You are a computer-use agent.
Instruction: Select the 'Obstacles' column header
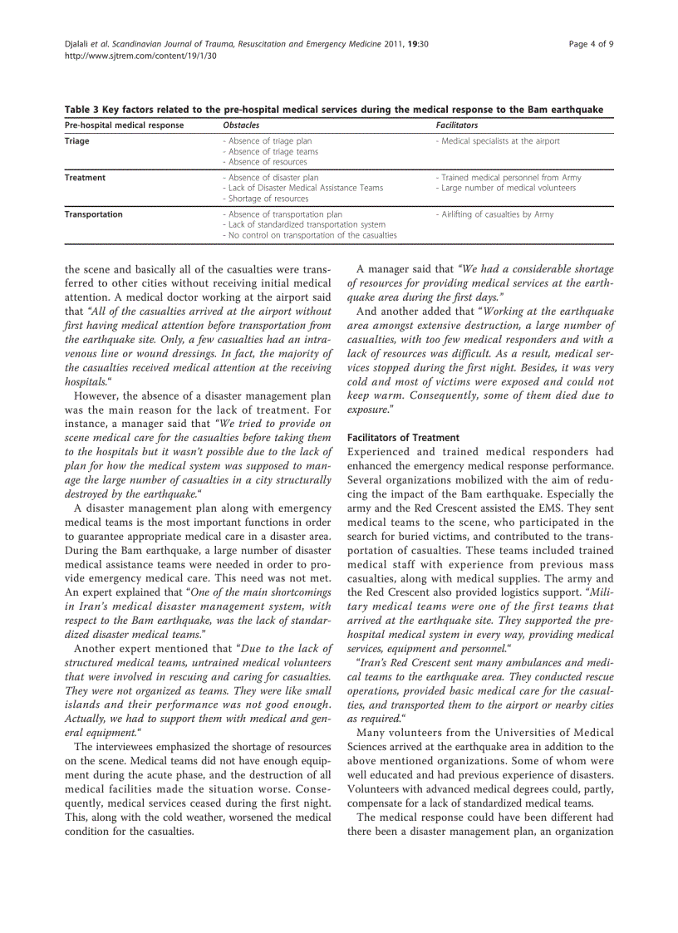point(241,125)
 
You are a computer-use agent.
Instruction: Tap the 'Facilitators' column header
point(457,125)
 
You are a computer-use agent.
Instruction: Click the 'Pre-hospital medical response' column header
point(125,125)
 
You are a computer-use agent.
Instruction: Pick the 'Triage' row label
point(77,141)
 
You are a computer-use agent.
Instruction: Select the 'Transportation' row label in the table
point(94,214)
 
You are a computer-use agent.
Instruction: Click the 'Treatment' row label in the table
point(85,178)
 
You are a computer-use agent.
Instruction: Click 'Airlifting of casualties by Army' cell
point(496,214)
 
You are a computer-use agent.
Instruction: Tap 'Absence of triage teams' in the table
point(273,152)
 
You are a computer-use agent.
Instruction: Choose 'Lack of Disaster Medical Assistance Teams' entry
point(305,188)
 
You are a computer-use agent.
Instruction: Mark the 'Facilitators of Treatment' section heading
point(403,438)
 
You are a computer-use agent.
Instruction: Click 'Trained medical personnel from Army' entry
point(510,178)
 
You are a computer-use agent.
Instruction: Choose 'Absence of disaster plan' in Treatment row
point(273,178)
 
